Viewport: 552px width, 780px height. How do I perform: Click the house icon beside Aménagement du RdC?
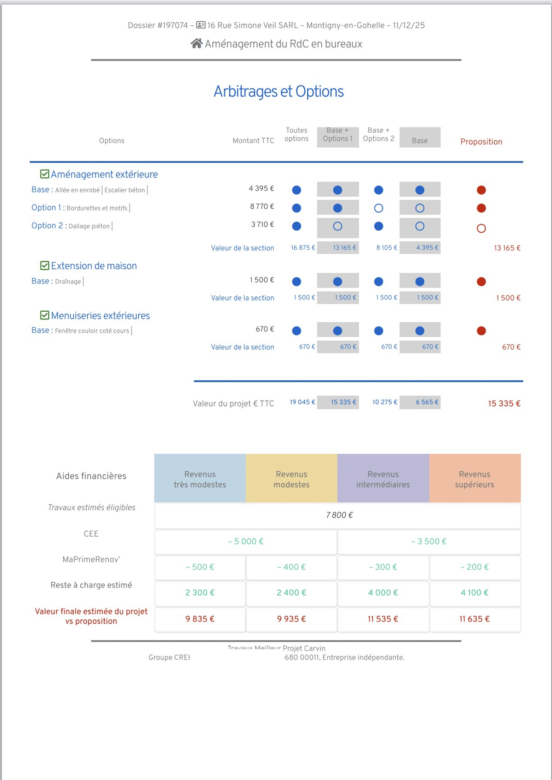pyautogui.click(x=196, y=43)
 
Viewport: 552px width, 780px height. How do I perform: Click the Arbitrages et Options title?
pyautogui.click(x=279, y=91)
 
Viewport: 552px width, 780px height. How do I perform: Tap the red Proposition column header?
pyautogui.click(x=481, y=142)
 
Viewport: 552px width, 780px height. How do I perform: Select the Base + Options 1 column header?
pyautogui.click(x=337, y=135)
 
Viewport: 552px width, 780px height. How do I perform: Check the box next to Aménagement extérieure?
pyautogui.click(x=44, y=174)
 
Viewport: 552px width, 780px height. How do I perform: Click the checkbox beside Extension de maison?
pyautogui.click(x=44, y=266)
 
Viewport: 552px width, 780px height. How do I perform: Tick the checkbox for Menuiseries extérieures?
pyautogui.click(x=44, y=315)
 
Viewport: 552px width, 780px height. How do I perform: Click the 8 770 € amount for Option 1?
pyautogui.click(x=262, y=206)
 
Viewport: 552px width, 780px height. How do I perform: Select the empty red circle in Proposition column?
pyautogui.click(x=481, y=228)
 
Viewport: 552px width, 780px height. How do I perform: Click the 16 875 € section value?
pyautogui.click(x=302, y=247)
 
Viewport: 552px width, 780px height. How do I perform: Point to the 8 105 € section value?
pyautogui.click(x=387, y=247)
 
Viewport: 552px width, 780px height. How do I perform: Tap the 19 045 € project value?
pyautogui.click(x=302, y=402)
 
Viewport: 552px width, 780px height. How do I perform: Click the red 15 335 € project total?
pyautogui.click(x=504, y=404)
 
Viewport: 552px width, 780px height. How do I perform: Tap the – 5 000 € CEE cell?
pyautogui.click(x=245, y=541)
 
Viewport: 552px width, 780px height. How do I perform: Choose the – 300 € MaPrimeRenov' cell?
pyautogui.click(x=383, y=567)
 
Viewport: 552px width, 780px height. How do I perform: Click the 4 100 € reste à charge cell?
pyautogui.click(x=474, y=593)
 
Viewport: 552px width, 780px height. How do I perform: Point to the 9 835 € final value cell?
pyautogui.click(x=200, y=619)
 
